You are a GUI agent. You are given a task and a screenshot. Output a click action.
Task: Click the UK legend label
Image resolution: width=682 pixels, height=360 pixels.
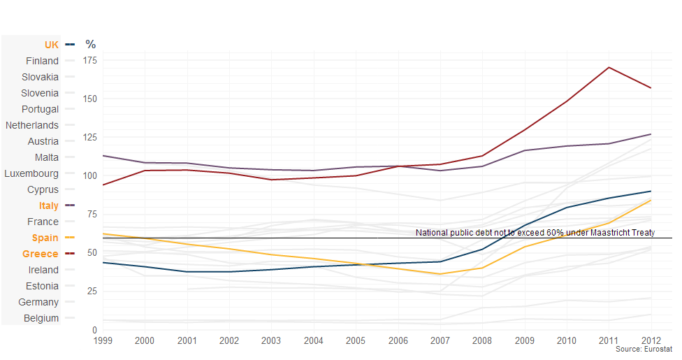click(52, 45)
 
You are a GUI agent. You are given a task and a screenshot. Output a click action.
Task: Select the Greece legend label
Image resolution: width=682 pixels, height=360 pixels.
click(41, 254)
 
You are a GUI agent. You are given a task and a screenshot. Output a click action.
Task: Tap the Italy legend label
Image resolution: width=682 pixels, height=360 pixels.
click(49, 206)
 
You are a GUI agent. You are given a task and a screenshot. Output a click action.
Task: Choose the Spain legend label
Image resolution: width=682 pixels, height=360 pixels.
click(45, 238)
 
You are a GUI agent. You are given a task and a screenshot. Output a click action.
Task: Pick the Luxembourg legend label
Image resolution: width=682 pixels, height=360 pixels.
click(31, 173)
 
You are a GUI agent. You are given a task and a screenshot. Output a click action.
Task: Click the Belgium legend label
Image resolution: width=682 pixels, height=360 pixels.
click(41, 318)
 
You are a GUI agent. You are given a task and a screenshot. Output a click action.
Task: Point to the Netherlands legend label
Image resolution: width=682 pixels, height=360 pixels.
click(32, 125)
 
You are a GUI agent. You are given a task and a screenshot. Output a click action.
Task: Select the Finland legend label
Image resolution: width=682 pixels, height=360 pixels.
click(43, 61)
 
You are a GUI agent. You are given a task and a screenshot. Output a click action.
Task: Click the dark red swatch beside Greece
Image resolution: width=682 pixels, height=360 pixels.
click(69, 254)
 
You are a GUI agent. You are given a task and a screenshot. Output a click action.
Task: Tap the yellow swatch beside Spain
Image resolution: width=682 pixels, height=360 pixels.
click(69, 238)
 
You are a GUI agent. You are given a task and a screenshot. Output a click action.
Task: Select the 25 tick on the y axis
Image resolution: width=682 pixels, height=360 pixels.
click(91, 291)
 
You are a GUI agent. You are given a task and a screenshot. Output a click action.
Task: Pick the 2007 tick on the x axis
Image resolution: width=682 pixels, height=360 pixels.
click(440, 340)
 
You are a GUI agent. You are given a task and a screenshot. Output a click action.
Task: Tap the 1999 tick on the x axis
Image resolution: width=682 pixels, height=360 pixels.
click(102, 340)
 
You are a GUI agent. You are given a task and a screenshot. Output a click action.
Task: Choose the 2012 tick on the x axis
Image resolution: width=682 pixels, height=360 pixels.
click(651, 340)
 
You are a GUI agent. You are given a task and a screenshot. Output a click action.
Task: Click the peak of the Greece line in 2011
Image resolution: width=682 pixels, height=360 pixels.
click(609, 67)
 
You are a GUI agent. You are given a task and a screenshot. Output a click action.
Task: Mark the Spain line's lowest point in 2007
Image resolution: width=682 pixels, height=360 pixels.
click(440, 274)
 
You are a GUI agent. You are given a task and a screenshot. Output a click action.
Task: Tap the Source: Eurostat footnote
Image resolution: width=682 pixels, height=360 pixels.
click(644, 349)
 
